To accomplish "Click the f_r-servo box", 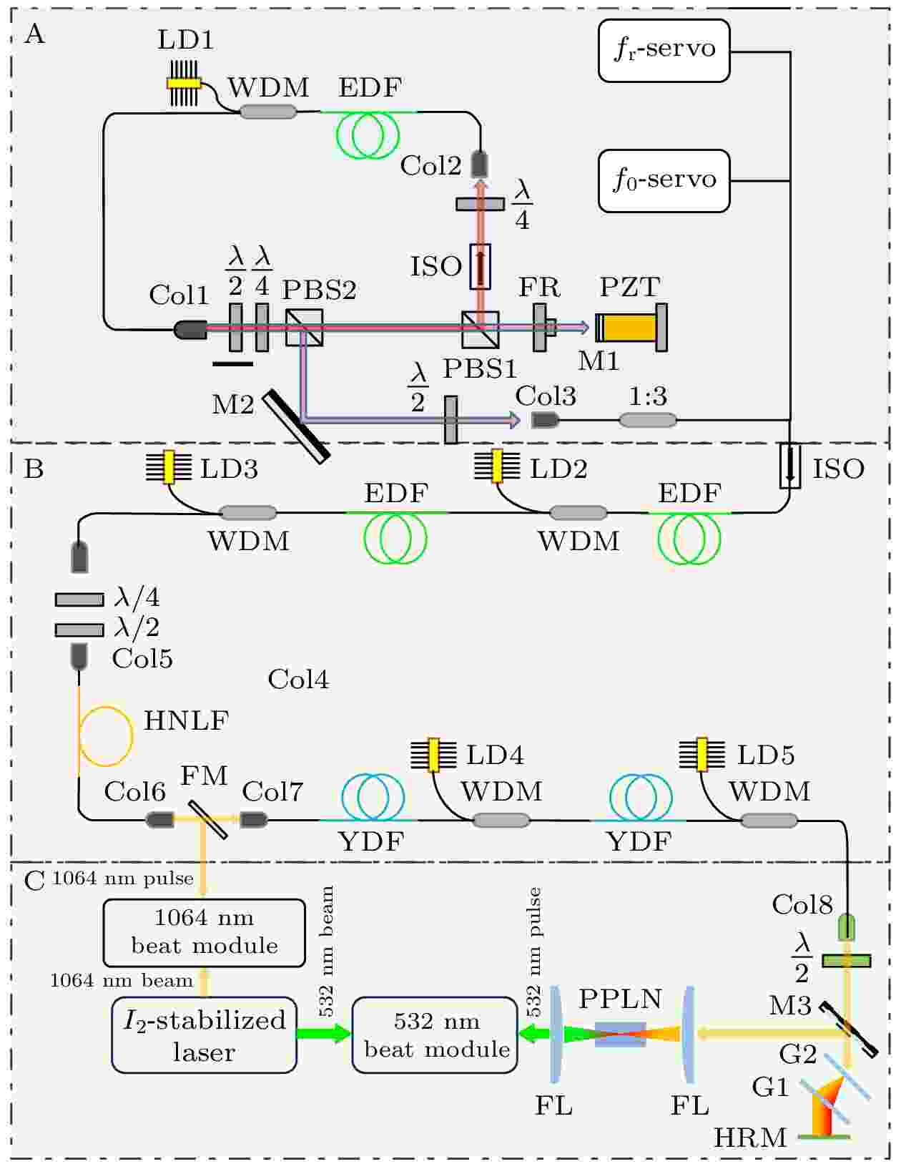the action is click(663, 50).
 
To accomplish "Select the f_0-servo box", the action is click(663, 180).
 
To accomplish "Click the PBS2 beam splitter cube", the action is click(303, 327).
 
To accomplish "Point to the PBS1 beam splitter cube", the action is click(480, 329).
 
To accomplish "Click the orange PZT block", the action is click(629, 327).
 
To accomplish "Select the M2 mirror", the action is click(295, 426).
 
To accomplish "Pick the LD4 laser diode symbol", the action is click(433, 755).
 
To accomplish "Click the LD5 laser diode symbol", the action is click(701, 754).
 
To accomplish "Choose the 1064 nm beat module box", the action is click(204, 933).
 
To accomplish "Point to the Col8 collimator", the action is click(846, 927).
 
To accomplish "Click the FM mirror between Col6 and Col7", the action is click(207, 819).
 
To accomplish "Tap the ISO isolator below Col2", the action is click(480, 266).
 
